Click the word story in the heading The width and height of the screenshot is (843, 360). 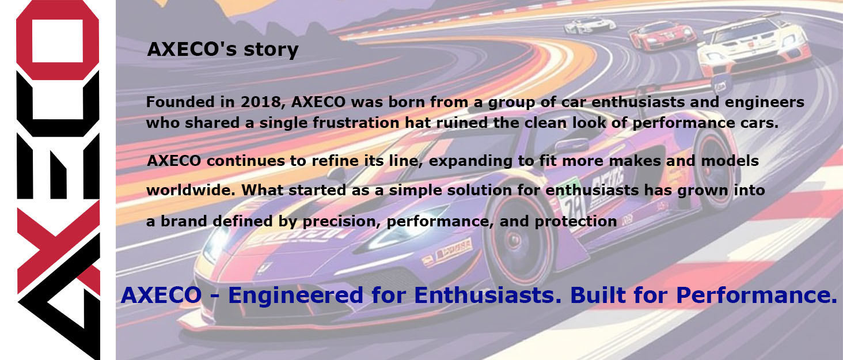[271, 50]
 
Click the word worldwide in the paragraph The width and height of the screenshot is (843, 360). [191, 190]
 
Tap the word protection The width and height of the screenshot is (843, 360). [575, 221]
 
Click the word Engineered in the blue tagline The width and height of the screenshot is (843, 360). [295, 295]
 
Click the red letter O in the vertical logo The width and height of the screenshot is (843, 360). [58, 40]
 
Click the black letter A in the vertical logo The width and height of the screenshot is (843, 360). [59, 301]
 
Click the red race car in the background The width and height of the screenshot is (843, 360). [662, 35]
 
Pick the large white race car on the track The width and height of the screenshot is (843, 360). [753, 47]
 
